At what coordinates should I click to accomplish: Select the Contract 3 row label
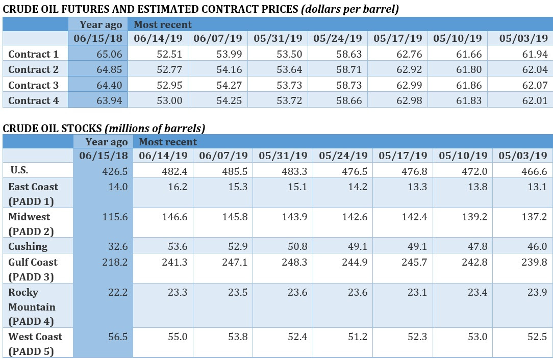(x=34, y=85)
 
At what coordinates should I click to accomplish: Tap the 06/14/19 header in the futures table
(x=157, y=38)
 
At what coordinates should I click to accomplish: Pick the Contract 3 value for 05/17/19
(x=408, y=85)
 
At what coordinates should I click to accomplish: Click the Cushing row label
(x=28, y=246)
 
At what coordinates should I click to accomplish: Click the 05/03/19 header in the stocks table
(x=522, y=156)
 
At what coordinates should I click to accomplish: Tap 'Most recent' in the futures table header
(x=163, y=24)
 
